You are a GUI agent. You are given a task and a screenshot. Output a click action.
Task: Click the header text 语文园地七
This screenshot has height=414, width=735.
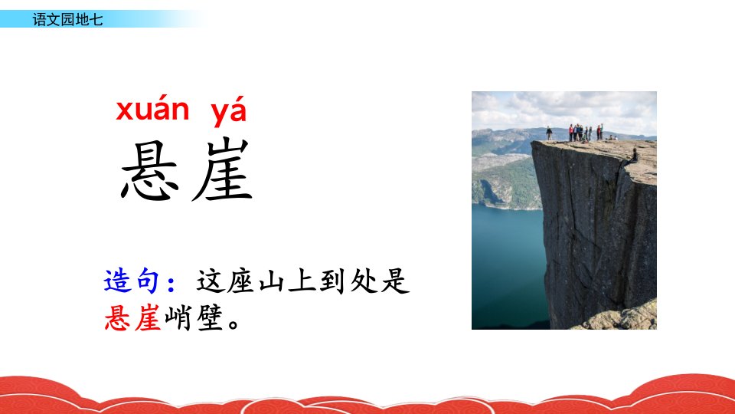tap(67, 19)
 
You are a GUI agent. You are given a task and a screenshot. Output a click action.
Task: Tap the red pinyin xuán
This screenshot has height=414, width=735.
tap(153, 110)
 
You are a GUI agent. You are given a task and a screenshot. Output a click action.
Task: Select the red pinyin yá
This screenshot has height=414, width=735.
tap(228, 112)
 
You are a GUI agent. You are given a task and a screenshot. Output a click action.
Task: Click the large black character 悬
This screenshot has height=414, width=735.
tap(150, 170)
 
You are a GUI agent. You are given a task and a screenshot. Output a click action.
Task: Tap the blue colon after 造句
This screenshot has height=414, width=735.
tap(171, 283)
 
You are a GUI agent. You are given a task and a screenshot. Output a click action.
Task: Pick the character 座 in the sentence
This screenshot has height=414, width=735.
tap(240, 281)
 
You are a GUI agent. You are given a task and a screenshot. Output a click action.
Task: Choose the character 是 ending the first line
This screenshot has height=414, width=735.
tap(395, 281)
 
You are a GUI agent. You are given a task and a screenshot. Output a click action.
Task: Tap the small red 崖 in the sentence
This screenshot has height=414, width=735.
tap(148, 317)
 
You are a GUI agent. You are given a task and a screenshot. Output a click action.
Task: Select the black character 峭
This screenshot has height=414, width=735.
tap(178, 317)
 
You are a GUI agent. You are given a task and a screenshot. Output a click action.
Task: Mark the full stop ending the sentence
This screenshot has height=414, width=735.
tap(234, 324)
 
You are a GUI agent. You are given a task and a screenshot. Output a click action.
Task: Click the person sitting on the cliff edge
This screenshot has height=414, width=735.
tap(634, 156)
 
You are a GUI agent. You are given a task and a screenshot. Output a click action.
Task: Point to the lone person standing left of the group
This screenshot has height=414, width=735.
tap(549, 133)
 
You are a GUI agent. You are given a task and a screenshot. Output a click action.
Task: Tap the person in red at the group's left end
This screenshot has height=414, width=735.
tap(571, 133)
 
